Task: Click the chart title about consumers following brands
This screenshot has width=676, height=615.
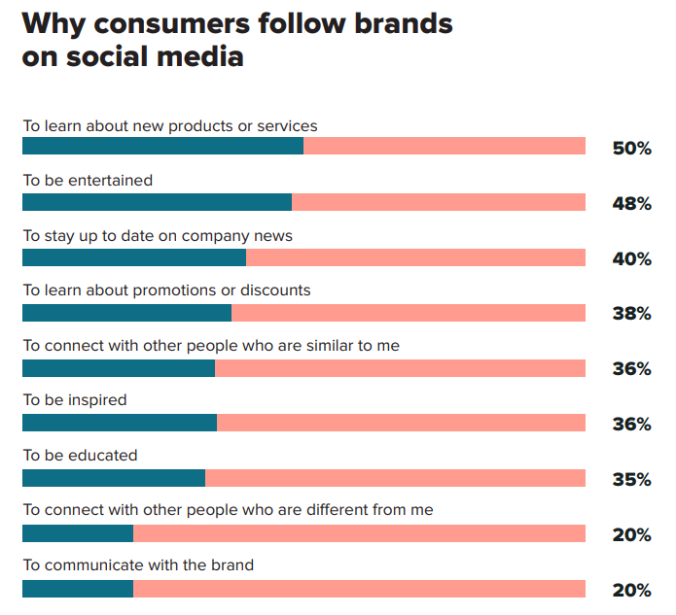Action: [237, 40]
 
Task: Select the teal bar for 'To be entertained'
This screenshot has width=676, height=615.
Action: [157, 202]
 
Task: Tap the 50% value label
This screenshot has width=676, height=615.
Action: [631, 149]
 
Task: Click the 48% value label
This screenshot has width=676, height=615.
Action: [631, 203]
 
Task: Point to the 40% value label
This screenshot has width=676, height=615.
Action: [631, 258]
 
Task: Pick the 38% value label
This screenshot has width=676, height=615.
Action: [631, 313]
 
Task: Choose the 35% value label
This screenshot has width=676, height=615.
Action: [631, 479]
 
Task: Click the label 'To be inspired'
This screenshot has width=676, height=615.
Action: [75, 400]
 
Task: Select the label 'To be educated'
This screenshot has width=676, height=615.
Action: [80, 455]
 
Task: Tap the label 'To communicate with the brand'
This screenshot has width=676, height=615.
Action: [138, 565]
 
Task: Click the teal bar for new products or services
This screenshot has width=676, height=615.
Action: [162, 147]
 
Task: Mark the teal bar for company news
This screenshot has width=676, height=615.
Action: [134, 257]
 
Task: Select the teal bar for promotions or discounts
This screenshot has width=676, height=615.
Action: [126, 312]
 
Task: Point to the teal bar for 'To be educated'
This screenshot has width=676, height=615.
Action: [114, 478]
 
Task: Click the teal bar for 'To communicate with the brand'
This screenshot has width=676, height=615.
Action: [78, 589]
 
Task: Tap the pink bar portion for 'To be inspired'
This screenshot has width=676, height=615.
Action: [401, 423]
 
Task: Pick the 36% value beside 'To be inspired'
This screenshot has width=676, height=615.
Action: [631, 424]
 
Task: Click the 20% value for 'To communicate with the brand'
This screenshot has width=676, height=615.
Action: [631, 590]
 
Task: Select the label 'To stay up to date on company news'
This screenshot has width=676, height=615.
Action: [158, 235]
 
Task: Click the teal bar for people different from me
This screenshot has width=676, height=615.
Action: [78, 533]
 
